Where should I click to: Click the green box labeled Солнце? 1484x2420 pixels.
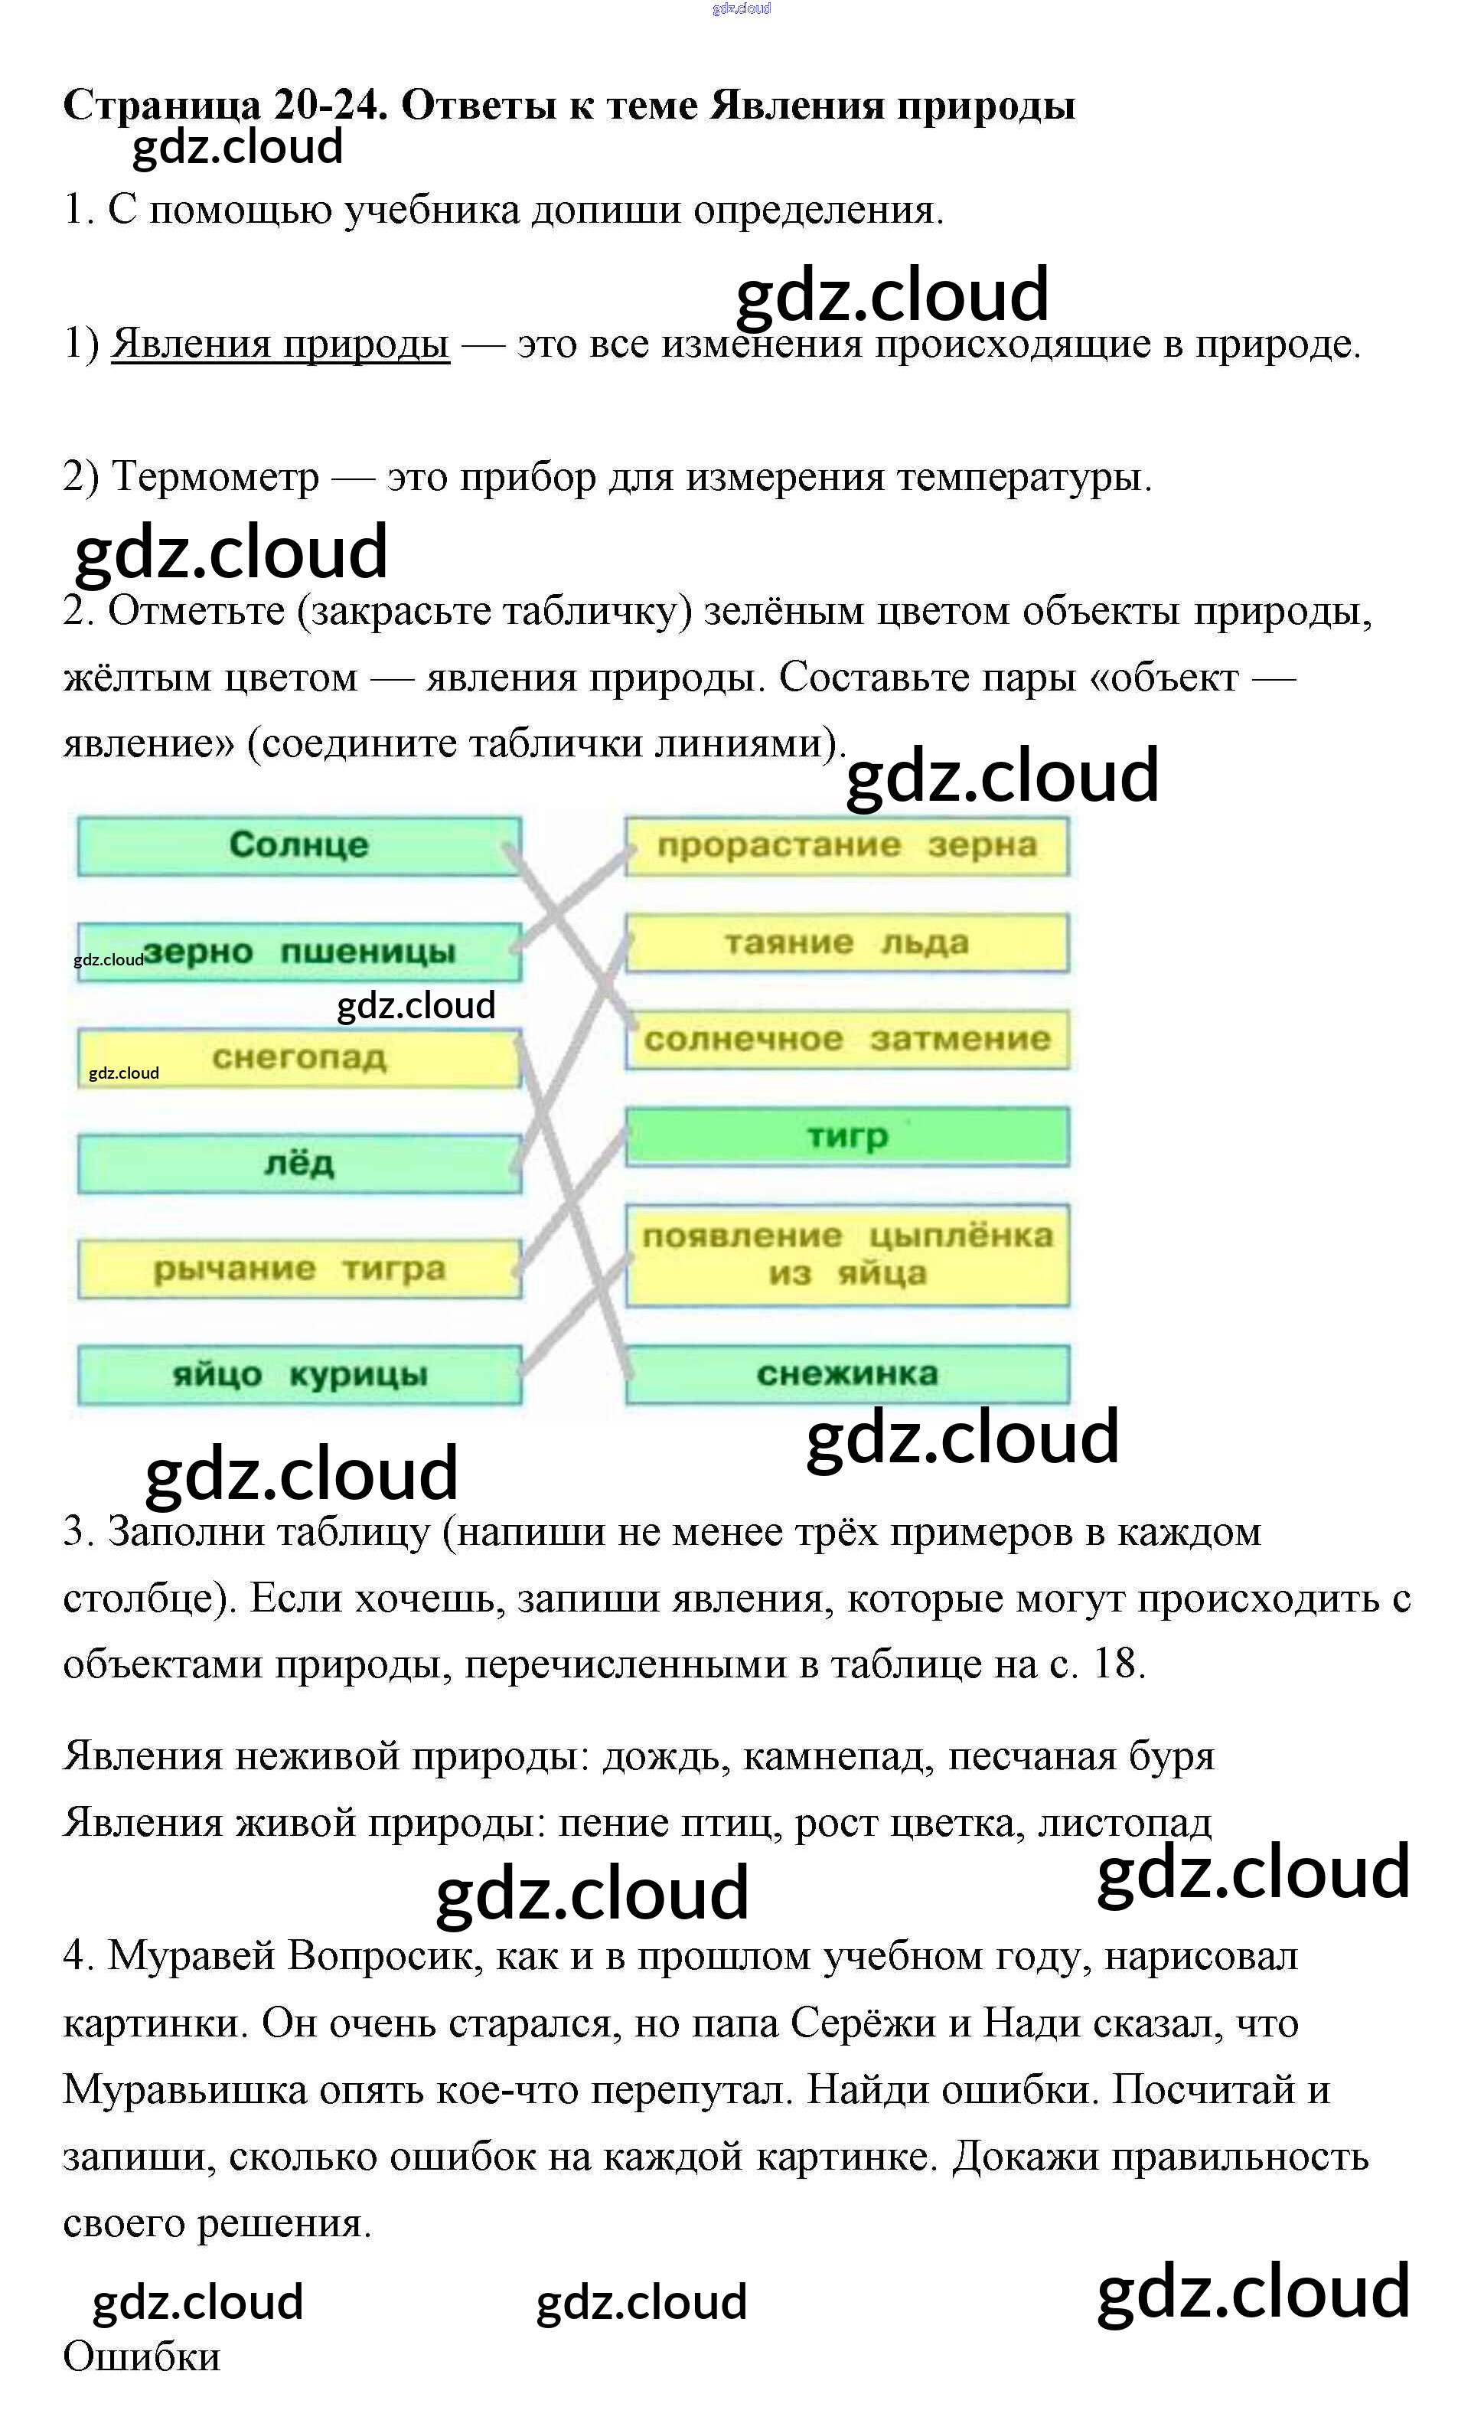[x=298, y=846]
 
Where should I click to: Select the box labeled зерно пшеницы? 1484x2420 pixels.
[x=298, y=952]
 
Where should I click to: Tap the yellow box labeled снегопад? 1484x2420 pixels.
[x=298, y=1058]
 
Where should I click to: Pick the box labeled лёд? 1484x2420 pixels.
[x=298, y=1164]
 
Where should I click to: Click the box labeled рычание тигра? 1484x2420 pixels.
[x=298, y=1269]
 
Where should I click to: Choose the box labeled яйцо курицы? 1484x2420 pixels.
[x=298, y=1374]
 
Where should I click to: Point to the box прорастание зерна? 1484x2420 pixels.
[x=846, y=846]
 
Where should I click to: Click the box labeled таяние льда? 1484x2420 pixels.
[x=846, y=943]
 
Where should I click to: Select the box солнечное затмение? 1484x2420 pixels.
[x=846, y=1039]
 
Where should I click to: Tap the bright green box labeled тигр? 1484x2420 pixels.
[x=846, y=1136]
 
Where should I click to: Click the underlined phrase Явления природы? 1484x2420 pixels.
[x=280, y=344]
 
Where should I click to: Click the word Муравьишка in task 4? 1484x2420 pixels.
[x=186, y=2089]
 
